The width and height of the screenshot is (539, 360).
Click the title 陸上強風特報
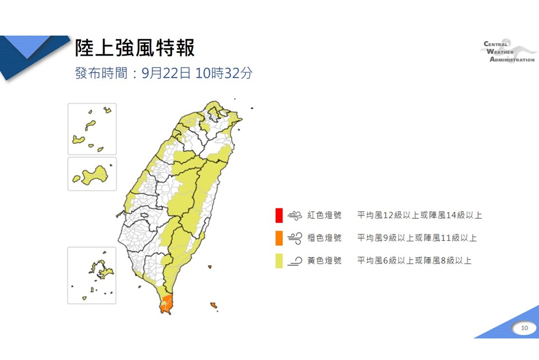(134, 48)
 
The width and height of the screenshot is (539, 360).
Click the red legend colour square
(278, 216)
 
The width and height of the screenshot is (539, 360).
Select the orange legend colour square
(278, 238)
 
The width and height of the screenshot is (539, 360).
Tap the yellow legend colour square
(278, 261)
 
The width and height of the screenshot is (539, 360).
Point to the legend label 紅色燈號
(324, 216)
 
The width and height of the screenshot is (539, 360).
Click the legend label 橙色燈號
(324, 238)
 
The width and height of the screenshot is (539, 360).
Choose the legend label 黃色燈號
(324, 261)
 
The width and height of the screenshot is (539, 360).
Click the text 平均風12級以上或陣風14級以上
(419, 216)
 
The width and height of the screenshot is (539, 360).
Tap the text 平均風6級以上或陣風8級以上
(414, 261)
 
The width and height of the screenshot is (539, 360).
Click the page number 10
(524, 328)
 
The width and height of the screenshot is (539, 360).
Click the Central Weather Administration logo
(509, 52)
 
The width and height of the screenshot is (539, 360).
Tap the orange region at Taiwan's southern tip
(167, 304)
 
